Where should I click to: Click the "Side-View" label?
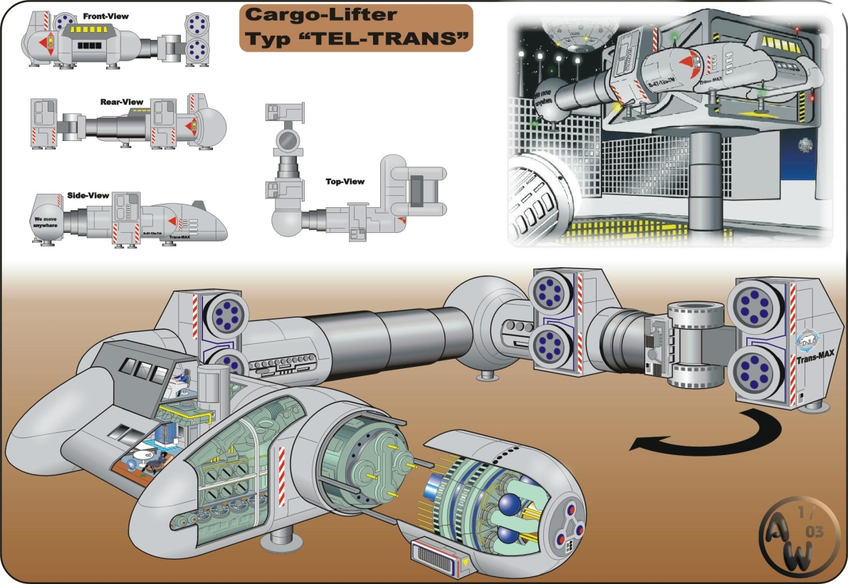pyautogui.click(x=89, y=195)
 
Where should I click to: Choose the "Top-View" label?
pyautogui.click(x=345, y=182)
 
